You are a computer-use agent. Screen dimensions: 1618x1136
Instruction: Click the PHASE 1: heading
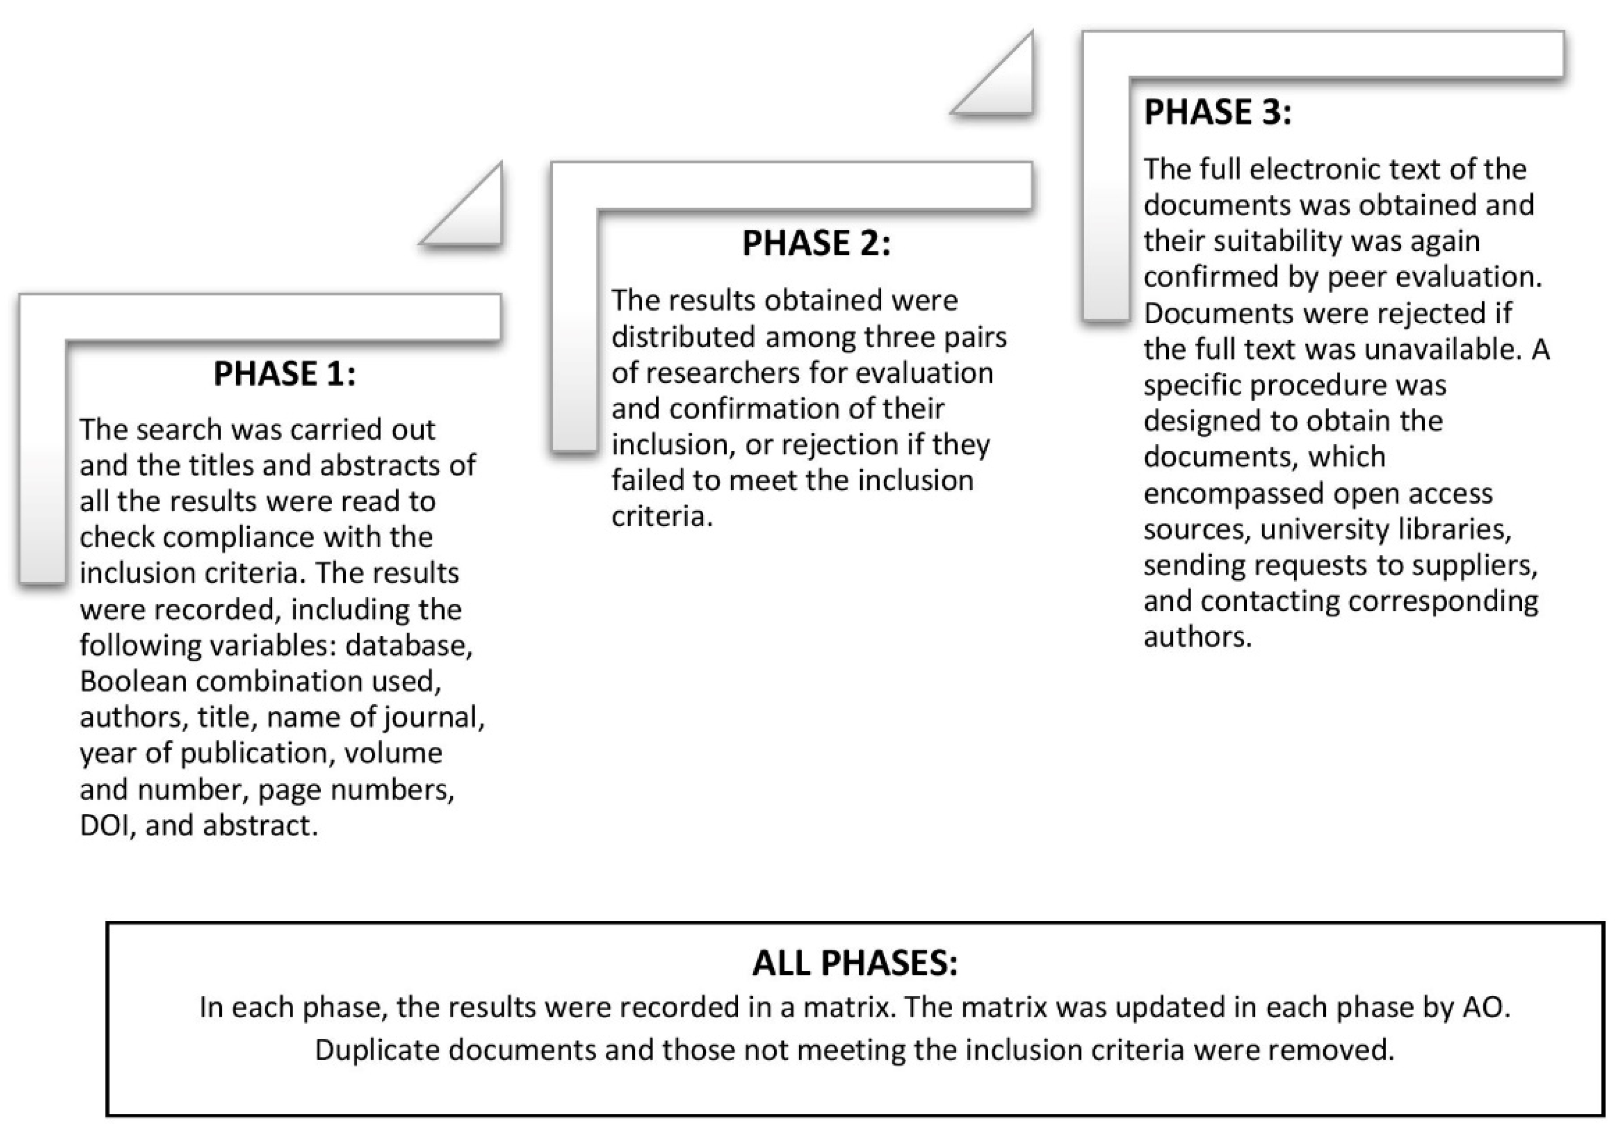tap(285, 374)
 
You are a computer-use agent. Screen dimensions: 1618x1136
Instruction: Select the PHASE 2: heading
tap(816, 243)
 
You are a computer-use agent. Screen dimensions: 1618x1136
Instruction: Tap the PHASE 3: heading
tap(1217, 112)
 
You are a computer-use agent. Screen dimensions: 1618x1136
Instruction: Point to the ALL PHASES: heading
tap(855, 963)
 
